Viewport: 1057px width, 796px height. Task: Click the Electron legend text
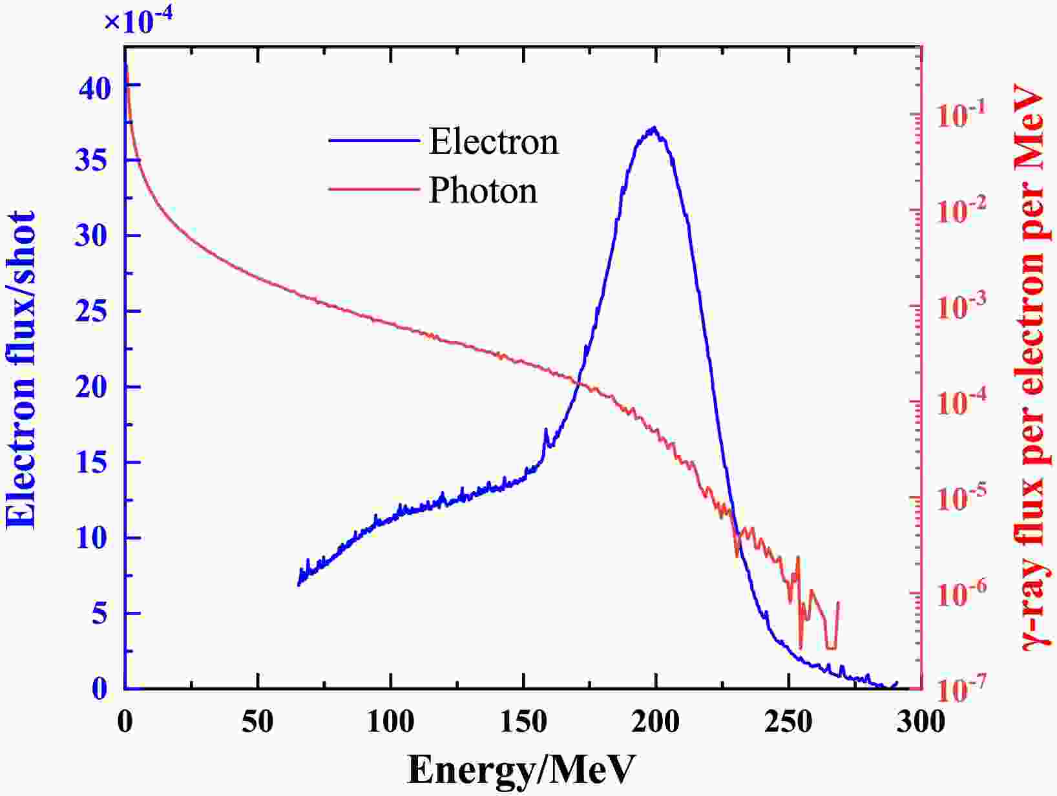point(494,141)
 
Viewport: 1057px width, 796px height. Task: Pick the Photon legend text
point(483,191)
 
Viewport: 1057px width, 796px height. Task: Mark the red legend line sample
point(373,189)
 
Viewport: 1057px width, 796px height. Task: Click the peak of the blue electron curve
point(654,127)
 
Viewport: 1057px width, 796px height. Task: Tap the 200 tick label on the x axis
point(655,721)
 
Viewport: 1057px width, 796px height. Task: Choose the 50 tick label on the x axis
point(257,721)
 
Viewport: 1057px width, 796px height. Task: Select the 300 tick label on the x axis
point(919,721)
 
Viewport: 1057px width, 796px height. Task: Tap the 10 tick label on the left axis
point(90,538)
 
